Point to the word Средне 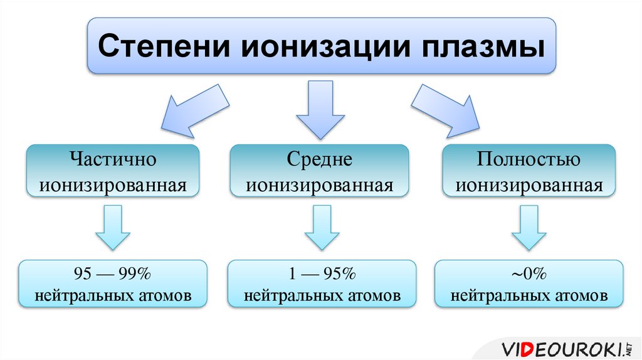320,159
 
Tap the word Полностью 529,159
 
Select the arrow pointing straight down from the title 320,110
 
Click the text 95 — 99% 113,274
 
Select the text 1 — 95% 321,274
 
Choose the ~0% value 529,274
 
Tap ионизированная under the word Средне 320,186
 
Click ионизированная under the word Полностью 529,186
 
